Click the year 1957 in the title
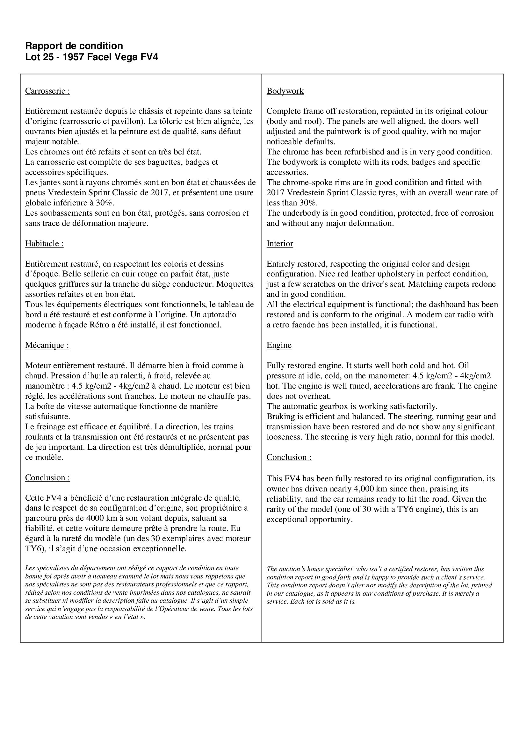(72, 57)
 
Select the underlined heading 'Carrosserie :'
(47, 91)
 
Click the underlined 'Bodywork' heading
(285, 91)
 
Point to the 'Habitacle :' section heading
(44, 244)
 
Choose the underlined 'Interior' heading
(280, 244)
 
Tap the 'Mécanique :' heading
(47, 345)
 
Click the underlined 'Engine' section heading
(279, 345)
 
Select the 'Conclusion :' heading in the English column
(289, 457)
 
